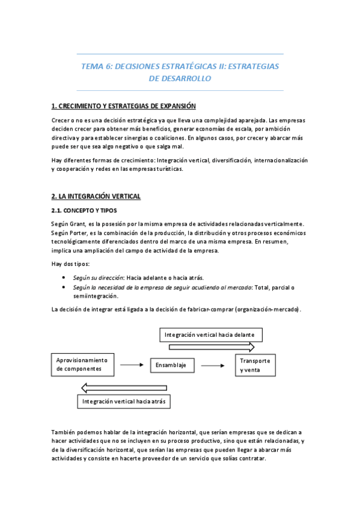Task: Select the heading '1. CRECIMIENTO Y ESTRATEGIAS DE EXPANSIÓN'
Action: (x=124, y=106)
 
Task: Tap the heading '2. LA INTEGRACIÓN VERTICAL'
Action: (x=96, y=197)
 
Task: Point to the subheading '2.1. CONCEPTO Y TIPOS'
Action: (x=84, y=210)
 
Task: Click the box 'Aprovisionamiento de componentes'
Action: (x=82, y=364)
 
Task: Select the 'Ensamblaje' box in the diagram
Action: (x=171, y=365)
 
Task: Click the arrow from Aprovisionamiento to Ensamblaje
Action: (x=131, y=365)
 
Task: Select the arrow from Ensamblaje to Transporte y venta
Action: (x=213, y=365)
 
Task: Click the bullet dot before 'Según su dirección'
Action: (x=64, y=278)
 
